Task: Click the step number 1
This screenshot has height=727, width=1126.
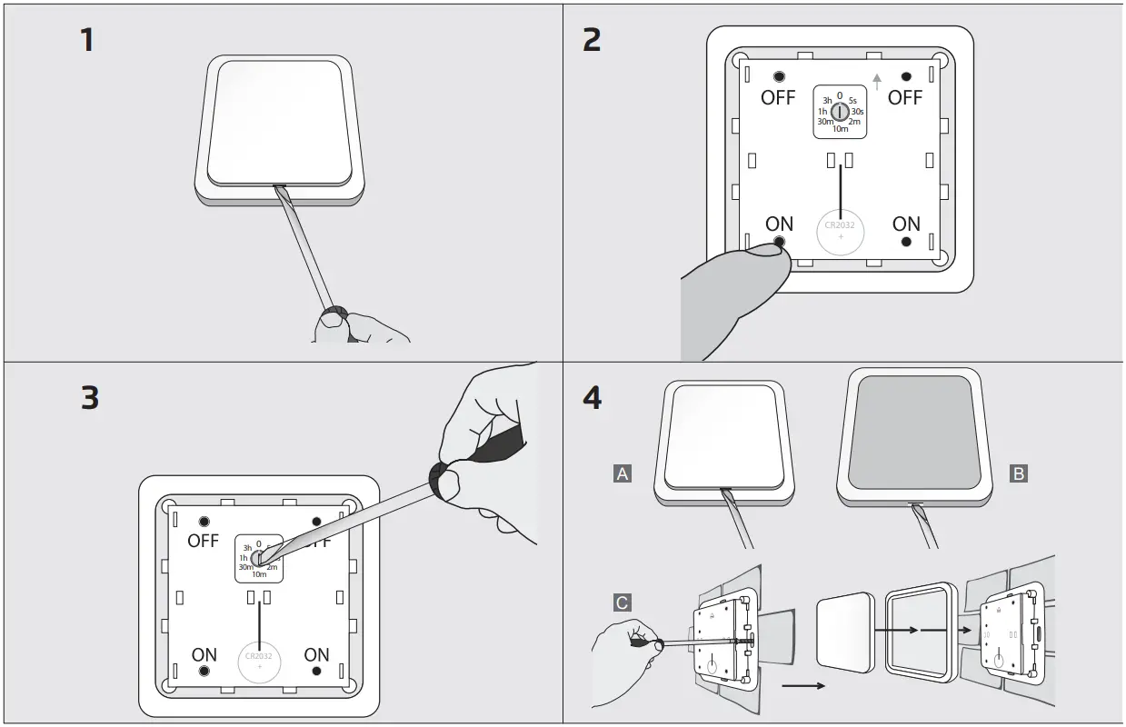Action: [87, 41]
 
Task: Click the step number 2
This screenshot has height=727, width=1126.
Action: [592, 41]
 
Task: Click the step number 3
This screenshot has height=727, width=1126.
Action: [89, 399]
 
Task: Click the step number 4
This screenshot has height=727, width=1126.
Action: [592, 399]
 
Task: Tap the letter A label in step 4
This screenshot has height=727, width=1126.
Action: [623, 473]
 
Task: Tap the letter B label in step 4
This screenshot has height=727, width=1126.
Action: [1019, 473]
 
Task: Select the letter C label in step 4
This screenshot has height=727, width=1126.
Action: [623, 603]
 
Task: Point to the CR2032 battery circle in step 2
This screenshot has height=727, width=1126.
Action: [840, 231]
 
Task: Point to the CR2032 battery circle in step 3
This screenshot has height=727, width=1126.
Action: [260, 661]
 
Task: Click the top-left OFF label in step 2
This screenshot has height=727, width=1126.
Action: [778, 98]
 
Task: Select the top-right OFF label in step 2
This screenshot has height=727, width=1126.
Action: [904, 98]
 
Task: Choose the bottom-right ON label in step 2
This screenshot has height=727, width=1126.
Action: [906, 224]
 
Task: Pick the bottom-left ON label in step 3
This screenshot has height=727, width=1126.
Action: [204, 654]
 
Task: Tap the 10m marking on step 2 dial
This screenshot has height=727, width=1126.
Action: [840, 130]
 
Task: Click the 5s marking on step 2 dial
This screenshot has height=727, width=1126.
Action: [852, 100]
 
